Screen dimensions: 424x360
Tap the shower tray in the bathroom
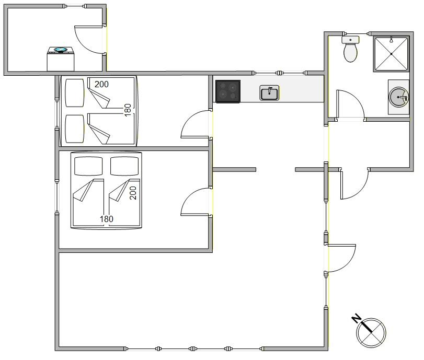click(391, 54)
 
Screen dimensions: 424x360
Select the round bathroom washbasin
click(398, 97)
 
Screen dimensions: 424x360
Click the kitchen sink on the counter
click(269, 93)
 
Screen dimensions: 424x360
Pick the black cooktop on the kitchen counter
click(227, 91)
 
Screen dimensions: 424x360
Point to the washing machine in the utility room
click(61, 59)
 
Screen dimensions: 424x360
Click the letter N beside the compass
click(356, 318)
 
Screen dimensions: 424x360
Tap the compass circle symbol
click(371, 333)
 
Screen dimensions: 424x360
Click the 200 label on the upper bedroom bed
click(101, 84)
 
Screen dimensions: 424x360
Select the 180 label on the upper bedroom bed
click(128, 110)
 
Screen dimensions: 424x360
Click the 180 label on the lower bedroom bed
click(106, 219)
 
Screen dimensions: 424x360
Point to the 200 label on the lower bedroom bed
click(133, 193)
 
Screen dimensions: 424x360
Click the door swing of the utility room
click(89, 40)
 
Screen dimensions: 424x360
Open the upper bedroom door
click(195, 124)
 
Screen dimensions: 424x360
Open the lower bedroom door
click(195, 202)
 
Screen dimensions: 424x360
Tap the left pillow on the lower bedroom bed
click(88, 166)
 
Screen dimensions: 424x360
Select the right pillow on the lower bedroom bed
click(124, 166)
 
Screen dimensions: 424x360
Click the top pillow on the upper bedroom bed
click(75, 93)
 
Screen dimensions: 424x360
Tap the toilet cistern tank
click(350, 40)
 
